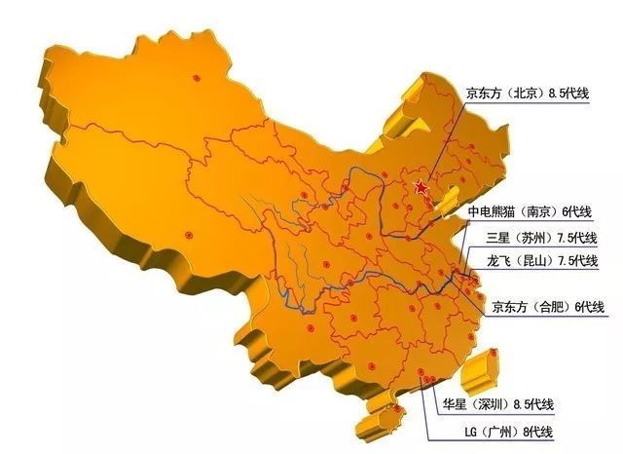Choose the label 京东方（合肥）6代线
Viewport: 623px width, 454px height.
(548, 308)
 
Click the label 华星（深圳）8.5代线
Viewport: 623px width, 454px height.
(503, 404)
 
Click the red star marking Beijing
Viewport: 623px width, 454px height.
(421, 187)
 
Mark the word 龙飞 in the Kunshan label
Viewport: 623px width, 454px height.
(499, 261)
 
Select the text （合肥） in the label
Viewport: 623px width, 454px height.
(552, 308)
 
